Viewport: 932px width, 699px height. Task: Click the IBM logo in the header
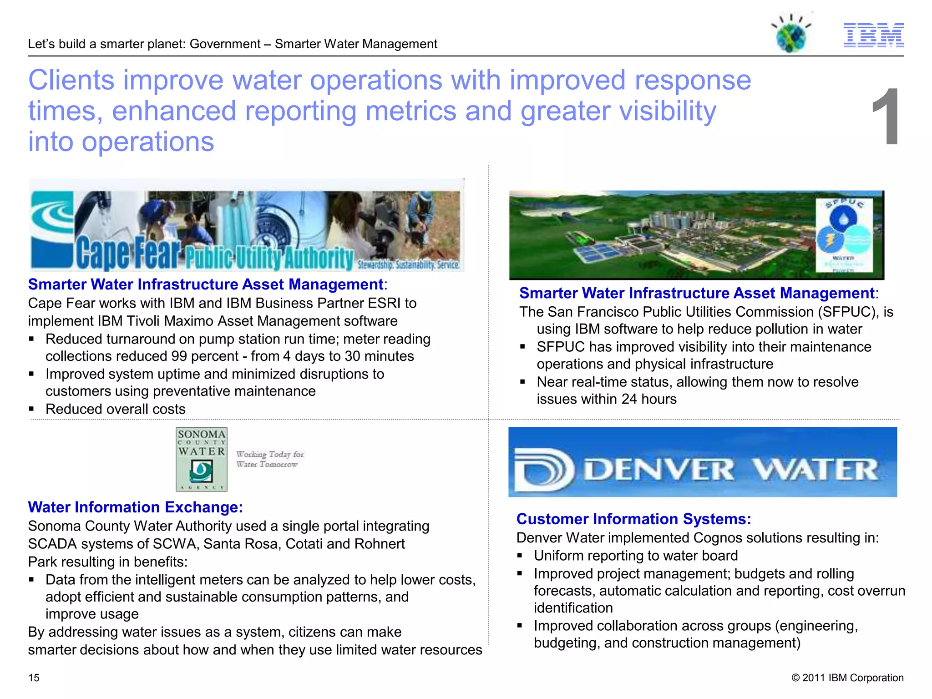873,35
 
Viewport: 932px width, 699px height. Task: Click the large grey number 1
886,117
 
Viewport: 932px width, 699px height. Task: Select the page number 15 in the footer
34,678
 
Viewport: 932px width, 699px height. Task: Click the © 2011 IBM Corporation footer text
847,678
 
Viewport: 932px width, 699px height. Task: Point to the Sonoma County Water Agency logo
201,459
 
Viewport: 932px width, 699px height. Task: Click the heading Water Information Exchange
135,507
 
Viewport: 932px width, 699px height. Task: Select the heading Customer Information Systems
633,519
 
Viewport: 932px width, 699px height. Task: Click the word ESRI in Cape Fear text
385,303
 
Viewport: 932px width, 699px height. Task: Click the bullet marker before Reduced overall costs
31,409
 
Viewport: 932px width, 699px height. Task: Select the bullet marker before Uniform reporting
520,556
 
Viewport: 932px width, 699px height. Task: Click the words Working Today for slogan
270,454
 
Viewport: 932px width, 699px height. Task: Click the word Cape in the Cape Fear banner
102,253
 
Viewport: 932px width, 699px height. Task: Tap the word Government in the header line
225,44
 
